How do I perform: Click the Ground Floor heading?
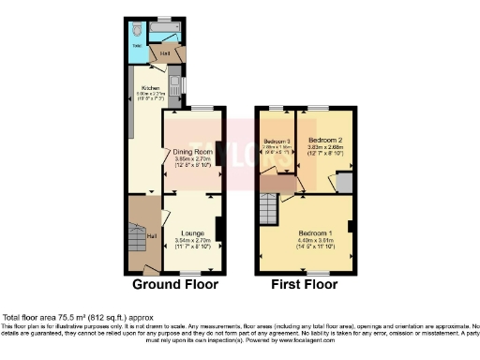[174, 283]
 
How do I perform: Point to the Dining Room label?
[193, 151]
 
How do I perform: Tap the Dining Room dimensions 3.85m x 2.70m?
[193, 159]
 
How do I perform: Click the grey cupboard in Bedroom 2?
[344, 182]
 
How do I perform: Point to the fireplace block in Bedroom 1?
[351, 226]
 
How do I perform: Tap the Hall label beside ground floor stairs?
[151, 235]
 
